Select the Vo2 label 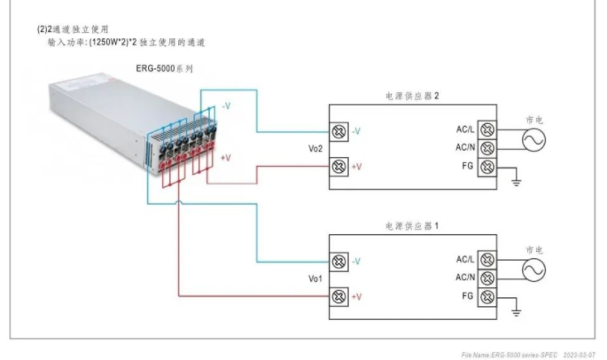(x=315, y=149)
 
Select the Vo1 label (x=315, y=278)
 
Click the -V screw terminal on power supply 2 (x=338, y=131)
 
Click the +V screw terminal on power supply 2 (x=338, y=166)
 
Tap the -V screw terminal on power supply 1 (x=338, y=262)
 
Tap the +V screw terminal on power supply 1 (x=338, y=295)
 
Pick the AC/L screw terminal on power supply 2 (x=486, y=130)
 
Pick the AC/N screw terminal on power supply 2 (x=486, y=147)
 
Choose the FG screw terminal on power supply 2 (x=486, y=166)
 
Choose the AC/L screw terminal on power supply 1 (x=486, y=261)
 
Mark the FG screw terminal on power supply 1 (x=486, y=295)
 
